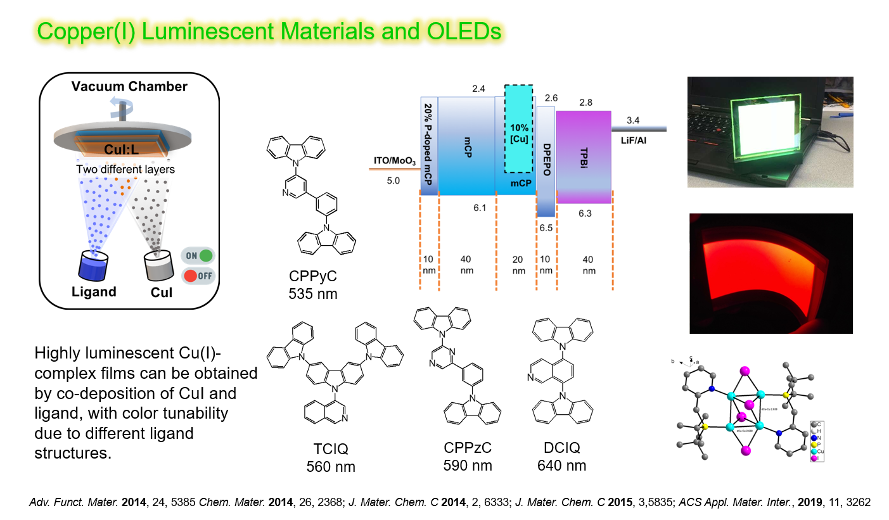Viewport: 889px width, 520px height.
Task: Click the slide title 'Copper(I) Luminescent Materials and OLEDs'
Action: coord(269,31)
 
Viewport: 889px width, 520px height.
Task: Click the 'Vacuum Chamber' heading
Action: coord(129,87)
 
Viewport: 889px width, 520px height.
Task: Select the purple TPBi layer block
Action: coord(584,156)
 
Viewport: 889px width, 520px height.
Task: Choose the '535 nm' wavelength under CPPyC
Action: coord(314,293)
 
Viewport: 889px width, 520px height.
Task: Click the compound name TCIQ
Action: coord(330,449)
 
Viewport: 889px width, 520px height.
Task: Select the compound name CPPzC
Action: coord(468,448)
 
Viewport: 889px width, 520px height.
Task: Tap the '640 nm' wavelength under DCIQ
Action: coord(561,466)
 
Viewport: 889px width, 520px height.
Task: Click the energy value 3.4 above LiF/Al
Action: coord(632,120)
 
